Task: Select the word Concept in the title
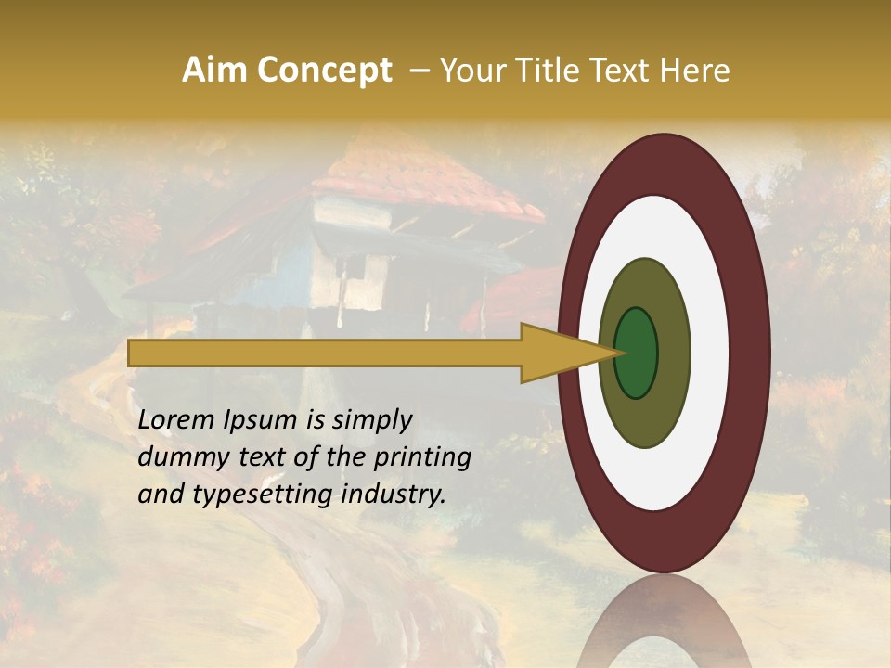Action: click(x=323, y=71)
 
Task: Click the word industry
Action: click(x=393, y=495)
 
